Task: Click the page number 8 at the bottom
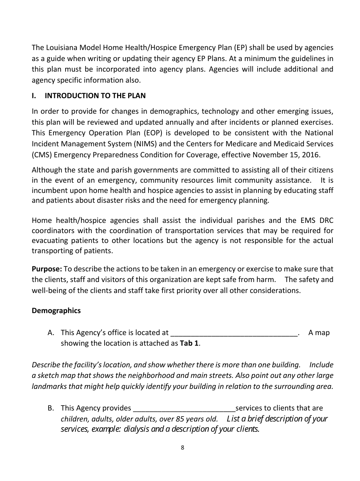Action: pos(182,448)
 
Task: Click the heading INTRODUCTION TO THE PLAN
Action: pos(95,96)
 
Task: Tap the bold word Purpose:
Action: pos(47,269)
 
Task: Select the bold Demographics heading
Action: pos(56,311)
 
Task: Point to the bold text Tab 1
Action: pos(189,343)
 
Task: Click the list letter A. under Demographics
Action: pos(51,333)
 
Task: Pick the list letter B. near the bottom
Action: pos(51,408)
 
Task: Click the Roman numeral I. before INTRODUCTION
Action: pos(34,96)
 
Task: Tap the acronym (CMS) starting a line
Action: pos(41,155)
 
